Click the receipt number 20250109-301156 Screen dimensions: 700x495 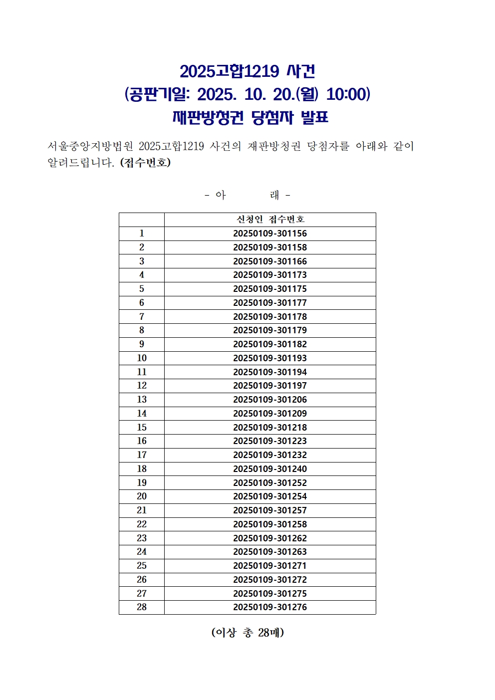[270, 233]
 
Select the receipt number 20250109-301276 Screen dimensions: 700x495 [270, 607]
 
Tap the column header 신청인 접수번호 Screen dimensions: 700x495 [270, 220]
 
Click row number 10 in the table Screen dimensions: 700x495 [142, 358]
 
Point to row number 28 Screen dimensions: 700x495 [142, 607]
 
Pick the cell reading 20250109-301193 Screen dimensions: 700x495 [270, 358]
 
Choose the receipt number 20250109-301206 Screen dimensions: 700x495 [270, 400]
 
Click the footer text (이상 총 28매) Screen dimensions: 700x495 [247, 633]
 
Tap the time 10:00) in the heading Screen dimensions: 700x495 [348, 94]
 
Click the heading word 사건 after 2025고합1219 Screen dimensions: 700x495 [301, 71]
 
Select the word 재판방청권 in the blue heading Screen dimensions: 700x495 [208, 118]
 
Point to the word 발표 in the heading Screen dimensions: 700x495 [314, 118]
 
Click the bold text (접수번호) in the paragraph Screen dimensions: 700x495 [145, 163]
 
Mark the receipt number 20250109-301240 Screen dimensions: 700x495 [270, 469]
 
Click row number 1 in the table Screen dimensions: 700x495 [142, 233]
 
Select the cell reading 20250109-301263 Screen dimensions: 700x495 [270, 552]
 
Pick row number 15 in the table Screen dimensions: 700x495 [142, 428]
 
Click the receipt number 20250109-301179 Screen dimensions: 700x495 [270, 330]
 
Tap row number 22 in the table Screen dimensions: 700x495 [142, 524]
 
